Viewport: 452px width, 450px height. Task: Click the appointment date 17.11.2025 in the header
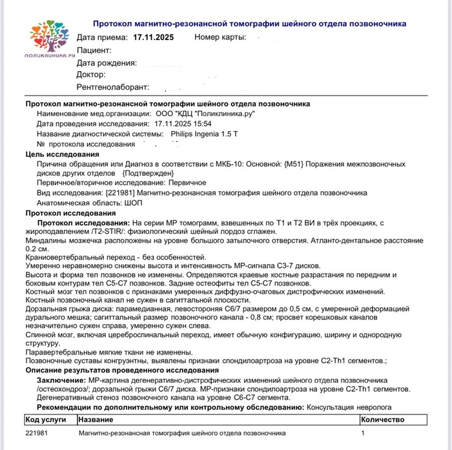pos(154,37)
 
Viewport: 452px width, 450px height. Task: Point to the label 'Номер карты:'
pos(220,37)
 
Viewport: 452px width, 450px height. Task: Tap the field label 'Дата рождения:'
pos(107,63)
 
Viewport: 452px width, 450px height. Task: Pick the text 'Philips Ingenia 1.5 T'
pos(204,134)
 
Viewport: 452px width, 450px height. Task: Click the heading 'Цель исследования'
pos(62,155)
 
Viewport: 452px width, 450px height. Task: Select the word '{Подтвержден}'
pos(148,174)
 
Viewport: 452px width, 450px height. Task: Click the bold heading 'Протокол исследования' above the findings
pos(70,213)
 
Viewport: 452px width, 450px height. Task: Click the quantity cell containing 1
pos(363,433)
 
